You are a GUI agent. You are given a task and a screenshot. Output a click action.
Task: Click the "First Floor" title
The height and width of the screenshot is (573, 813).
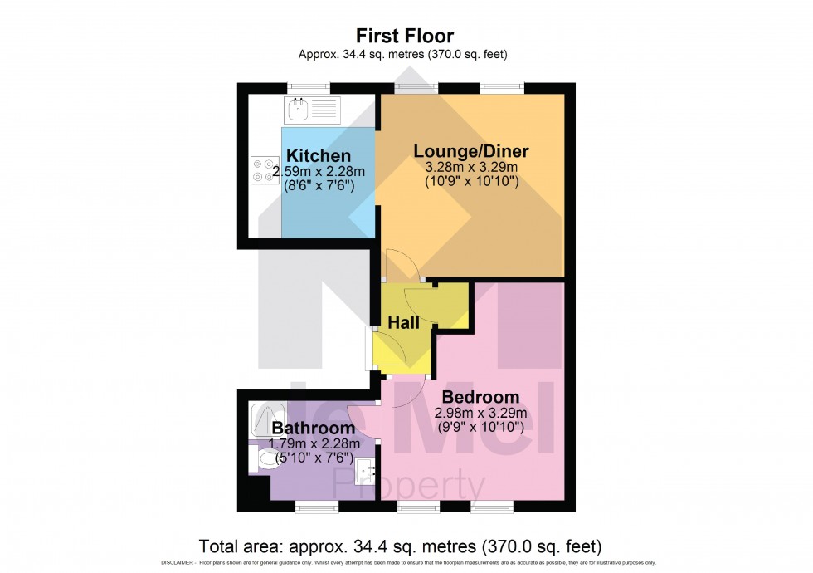pos(406,36)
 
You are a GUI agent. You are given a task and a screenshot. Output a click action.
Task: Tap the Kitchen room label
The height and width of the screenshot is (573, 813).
pos(319,156)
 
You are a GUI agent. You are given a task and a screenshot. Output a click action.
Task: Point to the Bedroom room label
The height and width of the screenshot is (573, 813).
pos(480,397)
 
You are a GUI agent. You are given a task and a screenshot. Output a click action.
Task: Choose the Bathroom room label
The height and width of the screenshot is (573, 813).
pos(314,429)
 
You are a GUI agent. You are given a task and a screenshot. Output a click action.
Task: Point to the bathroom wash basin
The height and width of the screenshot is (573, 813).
pos(365,474)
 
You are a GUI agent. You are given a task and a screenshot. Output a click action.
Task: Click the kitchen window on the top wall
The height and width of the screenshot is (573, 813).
pos(309,86)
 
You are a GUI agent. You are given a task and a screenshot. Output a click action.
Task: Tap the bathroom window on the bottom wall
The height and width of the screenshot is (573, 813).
pos(317,506)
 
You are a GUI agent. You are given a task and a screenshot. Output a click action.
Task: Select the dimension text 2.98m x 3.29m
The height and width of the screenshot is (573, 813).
pos(481,413)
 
